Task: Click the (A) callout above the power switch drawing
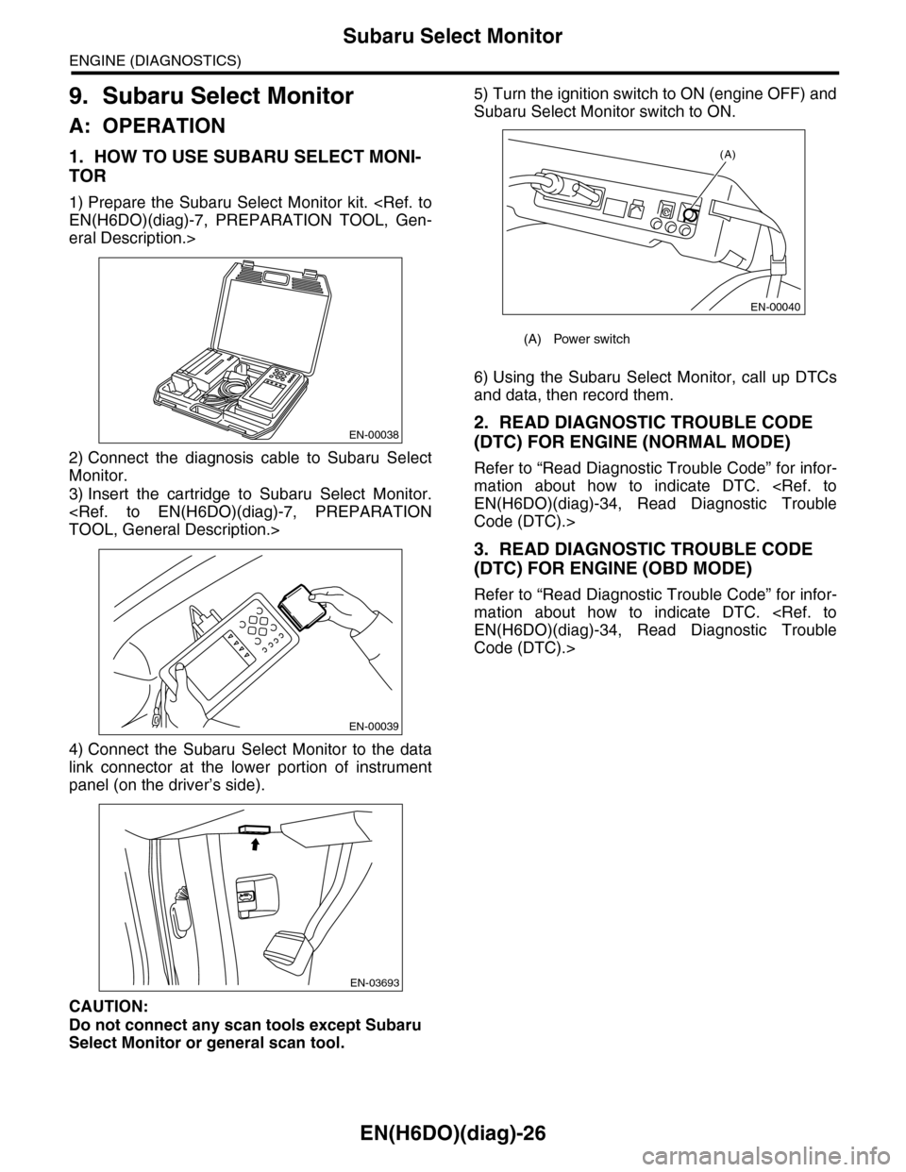[728, 153]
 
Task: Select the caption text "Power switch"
[592, 339]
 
